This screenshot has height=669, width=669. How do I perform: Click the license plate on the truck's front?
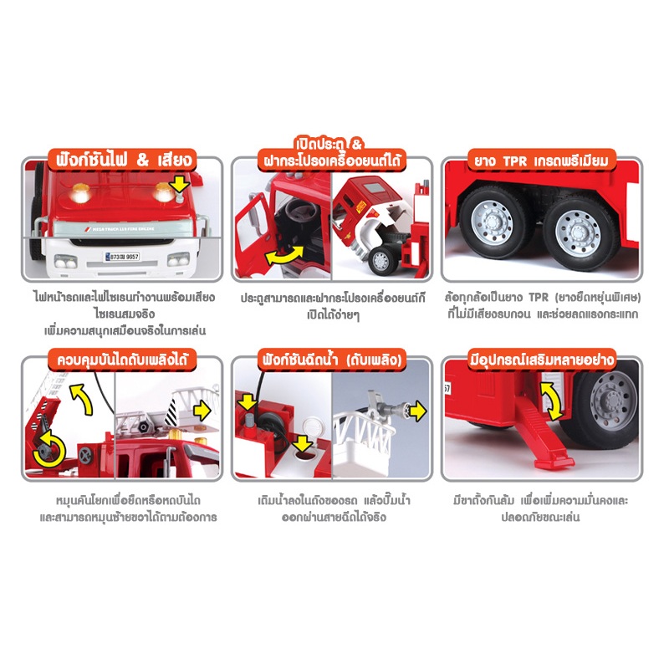pos(122,257)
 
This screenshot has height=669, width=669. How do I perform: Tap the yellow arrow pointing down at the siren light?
pos(180,184)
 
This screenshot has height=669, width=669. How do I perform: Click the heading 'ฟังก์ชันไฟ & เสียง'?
pos(124,160)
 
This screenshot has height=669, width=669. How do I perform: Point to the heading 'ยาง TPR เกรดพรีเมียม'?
pos(541,161)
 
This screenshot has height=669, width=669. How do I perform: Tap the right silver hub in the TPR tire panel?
pos(579,232)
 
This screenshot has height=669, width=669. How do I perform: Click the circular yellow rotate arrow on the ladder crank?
pos(49,448)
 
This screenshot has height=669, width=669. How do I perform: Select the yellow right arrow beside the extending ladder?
pos(202,411)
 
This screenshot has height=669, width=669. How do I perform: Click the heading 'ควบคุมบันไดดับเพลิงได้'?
pos(122,360)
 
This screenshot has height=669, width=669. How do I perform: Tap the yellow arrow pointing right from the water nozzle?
pos(417,411)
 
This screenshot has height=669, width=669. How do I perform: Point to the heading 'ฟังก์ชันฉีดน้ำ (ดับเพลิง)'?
pos(332,360)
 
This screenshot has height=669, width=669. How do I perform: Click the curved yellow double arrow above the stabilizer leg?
pos(552,402)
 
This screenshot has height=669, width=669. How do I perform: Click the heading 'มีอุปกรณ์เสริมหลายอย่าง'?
pos(542,360)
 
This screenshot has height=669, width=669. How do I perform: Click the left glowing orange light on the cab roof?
pos(80,193)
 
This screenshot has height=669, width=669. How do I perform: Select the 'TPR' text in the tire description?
pos(539,297)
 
